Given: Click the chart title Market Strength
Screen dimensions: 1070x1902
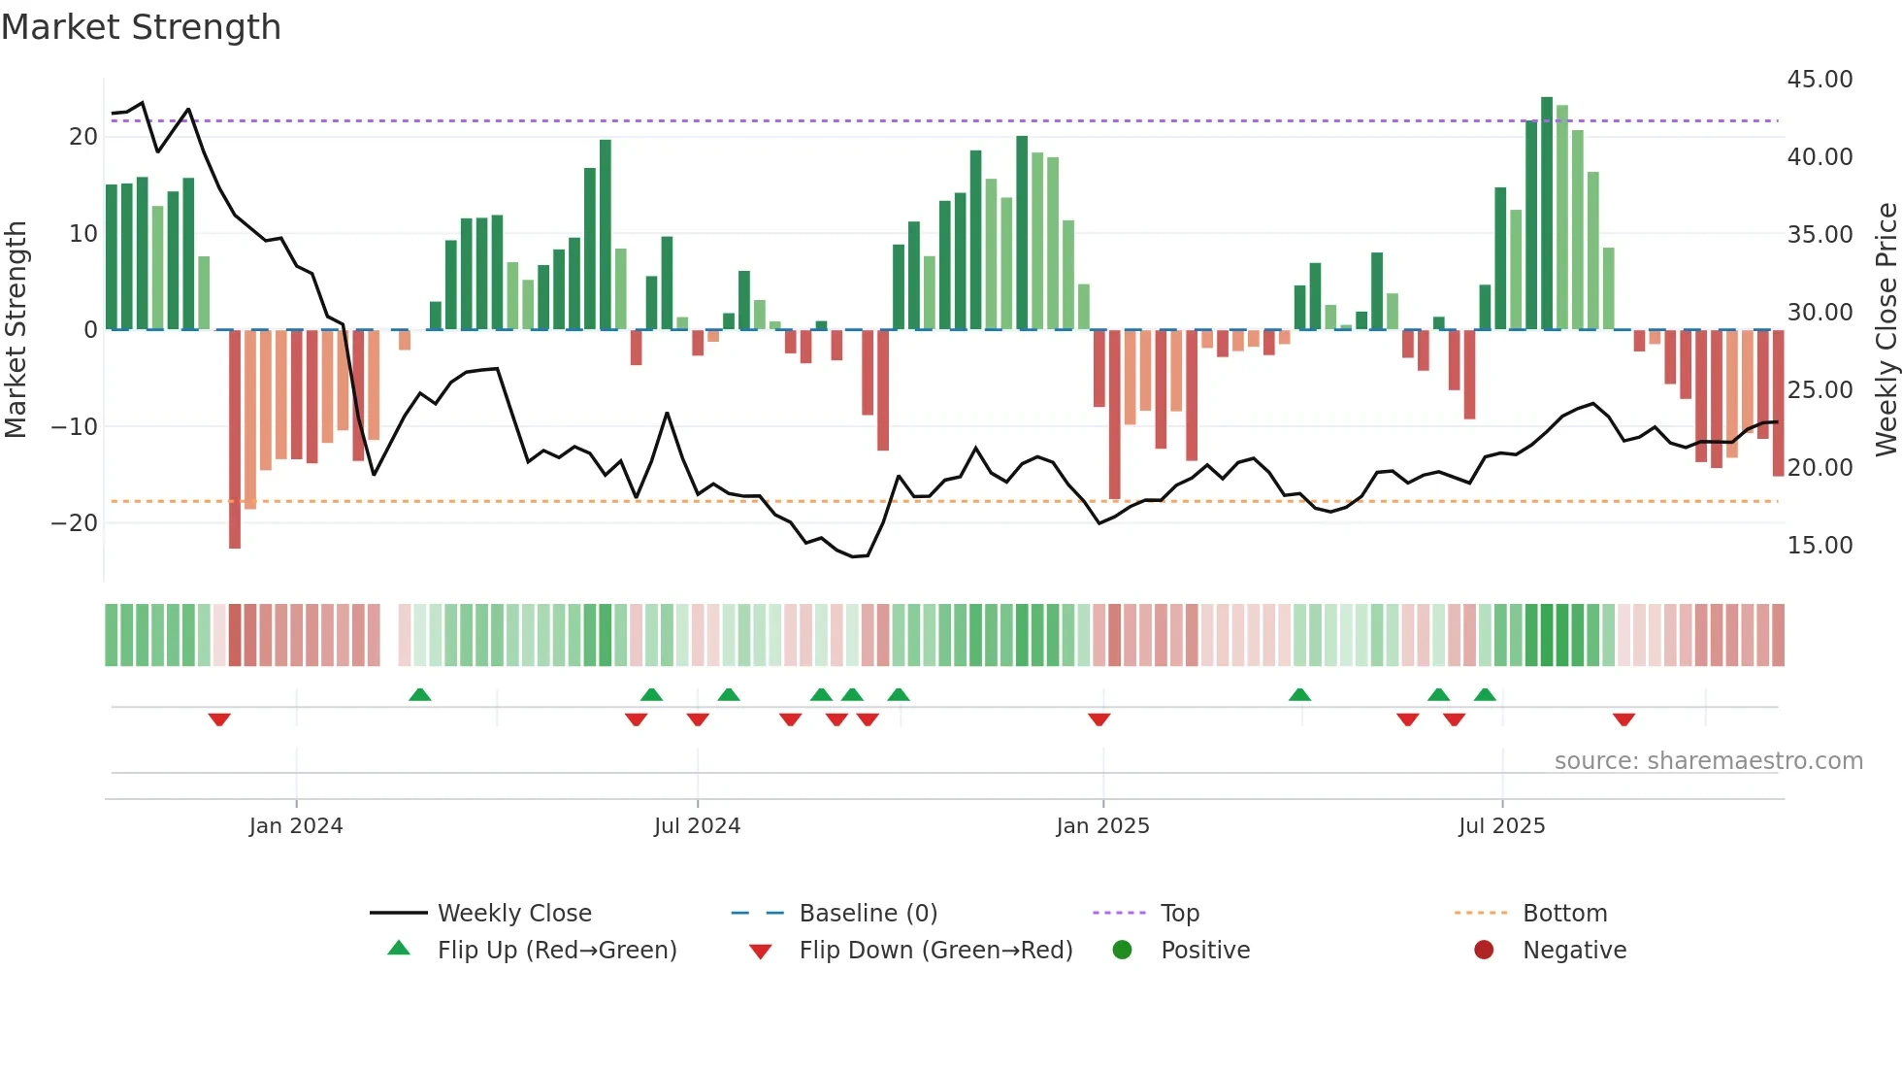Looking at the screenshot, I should (x=141, y=27).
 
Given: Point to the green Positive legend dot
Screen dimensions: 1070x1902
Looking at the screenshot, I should (x=1122, y=950).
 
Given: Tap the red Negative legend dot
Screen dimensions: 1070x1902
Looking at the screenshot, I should (x=1484, y=950).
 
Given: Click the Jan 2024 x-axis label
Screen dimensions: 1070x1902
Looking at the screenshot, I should (x=296, y=825).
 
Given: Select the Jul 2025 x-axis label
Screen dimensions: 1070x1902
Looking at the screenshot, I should (x=1501, y=825).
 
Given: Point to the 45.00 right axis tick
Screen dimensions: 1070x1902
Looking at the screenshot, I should (x=1820, y=79).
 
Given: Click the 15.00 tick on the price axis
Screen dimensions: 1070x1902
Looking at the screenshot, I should (x=1820, y=545).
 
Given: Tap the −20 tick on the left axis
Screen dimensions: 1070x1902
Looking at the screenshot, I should (x=74, y=522).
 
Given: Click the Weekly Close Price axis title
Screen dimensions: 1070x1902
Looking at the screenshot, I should (x=1886, y=329).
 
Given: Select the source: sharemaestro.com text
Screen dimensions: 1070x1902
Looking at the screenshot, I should (x=1708, y=760).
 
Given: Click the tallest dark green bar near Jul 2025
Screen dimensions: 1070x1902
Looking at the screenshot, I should (x=1547, y=214).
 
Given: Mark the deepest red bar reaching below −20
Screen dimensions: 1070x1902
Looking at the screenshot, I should (x=235, y=439).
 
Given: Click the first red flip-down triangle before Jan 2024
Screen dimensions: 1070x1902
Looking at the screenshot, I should (x=219, y=719).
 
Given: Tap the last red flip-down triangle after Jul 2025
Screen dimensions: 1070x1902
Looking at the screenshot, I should (x=1623, y=719).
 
